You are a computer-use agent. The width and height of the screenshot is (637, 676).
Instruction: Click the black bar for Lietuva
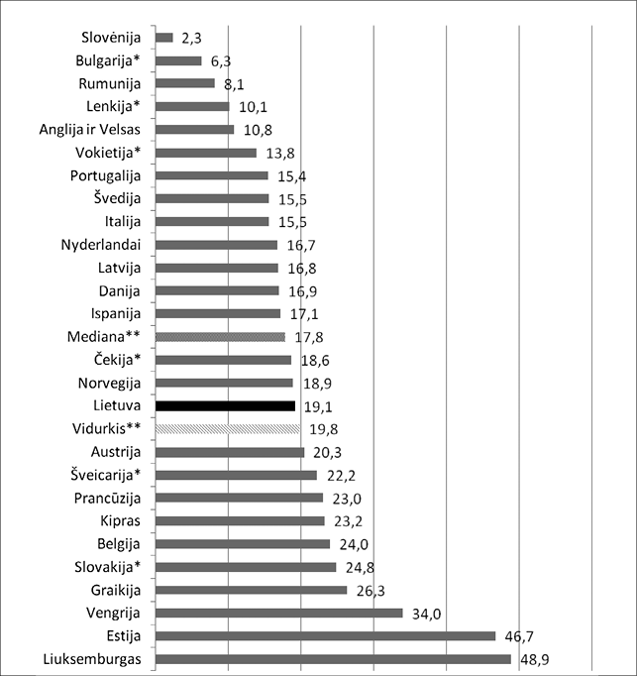(226, 405)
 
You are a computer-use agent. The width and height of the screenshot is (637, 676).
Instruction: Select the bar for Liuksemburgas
(334, 659)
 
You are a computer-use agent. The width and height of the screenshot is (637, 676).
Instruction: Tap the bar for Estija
(326, 636)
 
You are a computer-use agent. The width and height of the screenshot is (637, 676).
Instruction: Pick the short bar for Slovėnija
(164, 38)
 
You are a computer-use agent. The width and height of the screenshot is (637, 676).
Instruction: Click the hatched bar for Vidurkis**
(228, 428)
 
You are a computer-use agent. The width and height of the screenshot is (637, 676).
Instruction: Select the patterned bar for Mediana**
(221, 336)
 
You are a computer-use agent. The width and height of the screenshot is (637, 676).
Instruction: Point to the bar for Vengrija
(279, 613)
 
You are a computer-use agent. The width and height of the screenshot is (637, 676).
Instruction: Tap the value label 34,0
(426, 613)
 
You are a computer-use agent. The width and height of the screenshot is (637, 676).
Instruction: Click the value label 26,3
(371, 590)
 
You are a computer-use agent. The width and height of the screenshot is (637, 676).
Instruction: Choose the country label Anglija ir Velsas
(90, 130)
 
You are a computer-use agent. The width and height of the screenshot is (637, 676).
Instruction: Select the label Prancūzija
(105, 498)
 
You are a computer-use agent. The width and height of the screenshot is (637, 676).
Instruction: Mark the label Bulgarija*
(109, 61)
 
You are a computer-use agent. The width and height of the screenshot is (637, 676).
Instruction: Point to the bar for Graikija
(252, 590)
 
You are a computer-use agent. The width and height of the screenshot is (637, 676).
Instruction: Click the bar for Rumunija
(185, 83)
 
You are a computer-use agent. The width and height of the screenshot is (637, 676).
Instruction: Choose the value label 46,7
(519, 636)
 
